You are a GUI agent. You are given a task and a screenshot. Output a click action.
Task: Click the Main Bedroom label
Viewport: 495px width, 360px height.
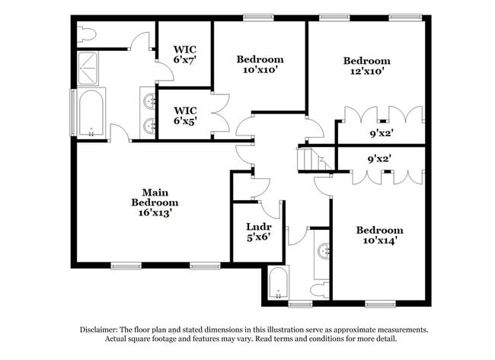(x=155, y=197)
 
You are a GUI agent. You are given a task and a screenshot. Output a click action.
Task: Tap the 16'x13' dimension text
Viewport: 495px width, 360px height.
(x=155, y=214)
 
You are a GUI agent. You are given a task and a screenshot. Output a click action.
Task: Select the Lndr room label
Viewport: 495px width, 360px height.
(x=255, y=227)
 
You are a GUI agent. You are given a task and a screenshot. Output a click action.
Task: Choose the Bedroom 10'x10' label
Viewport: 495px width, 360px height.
(x=260, y=64)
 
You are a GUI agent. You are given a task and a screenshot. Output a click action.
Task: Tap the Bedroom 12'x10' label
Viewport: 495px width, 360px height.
(x=366, y=66)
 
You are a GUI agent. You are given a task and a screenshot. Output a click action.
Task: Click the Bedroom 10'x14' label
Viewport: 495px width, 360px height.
(x=379, y=235)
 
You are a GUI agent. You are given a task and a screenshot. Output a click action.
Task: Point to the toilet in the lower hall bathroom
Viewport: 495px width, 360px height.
(x=321, y=288)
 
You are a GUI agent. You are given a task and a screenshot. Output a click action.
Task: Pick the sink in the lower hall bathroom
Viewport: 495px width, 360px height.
(x=324, y=251)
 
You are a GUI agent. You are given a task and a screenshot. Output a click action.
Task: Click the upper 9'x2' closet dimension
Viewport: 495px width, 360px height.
(x=380, y=133)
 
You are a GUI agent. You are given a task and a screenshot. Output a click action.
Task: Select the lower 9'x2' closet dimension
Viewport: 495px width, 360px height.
(x=380, y=160)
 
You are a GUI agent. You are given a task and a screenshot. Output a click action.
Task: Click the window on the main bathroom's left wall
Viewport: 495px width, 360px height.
(x=74, y=111)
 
